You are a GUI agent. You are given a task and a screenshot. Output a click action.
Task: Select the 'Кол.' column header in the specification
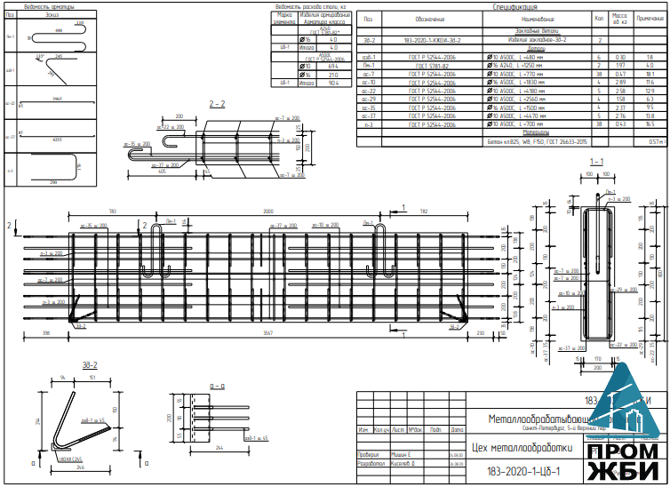pos(599,19)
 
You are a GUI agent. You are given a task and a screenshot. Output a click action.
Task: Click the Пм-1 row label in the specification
pos(370,65)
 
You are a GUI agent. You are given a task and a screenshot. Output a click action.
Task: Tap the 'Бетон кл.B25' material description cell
pos(537,140)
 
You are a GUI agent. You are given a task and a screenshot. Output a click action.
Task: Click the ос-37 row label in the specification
pos(370,116)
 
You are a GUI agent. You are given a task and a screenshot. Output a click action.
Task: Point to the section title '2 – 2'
pos(217,105)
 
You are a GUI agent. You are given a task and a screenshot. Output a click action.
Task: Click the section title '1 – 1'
pos(597,161)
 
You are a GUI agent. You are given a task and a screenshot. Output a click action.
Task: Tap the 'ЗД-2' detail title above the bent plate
pos(89,365)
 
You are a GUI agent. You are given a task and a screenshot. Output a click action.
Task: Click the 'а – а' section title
pos(216,387)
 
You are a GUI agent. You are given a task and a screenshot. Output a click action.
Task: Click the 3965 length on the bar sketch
pos(58,97)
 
